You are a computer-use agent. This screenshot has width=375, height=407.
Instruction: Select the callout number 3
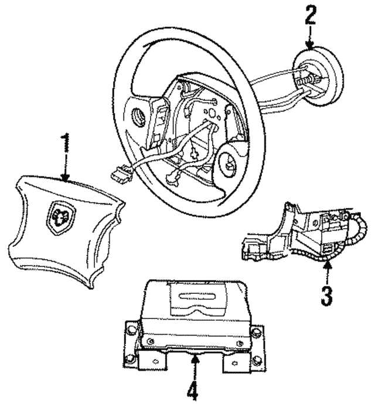tap(326, 294)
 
